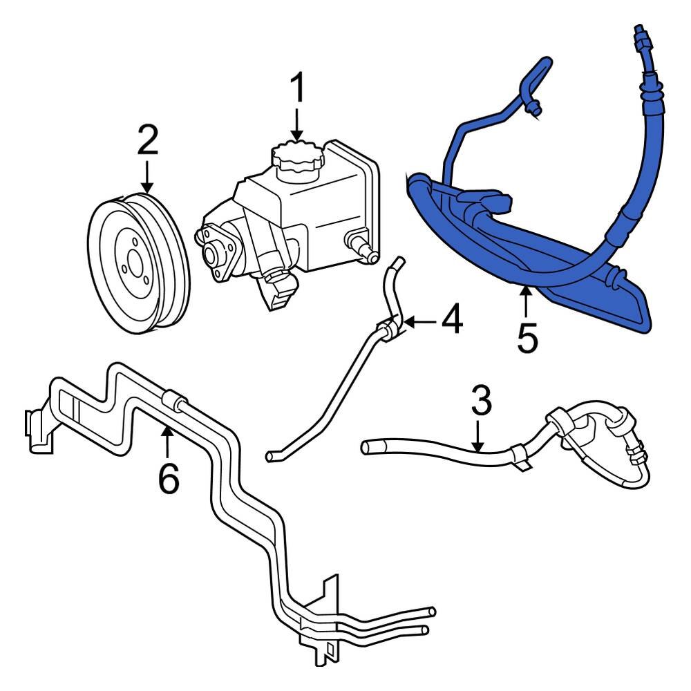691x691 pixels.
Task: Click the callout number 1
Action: (x=297, y=88)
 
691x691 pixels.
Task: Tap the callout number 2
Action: (x=147, y=141)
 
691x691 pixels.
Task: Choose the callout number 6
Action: (x=169, y=477)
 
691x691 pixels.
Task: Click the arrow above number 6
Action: (x=166, y=442)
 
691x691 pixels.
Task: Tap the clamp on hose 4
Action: (x=390, y=327)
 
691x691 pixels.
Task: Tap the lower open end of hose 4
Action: (x=272, y=456)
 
